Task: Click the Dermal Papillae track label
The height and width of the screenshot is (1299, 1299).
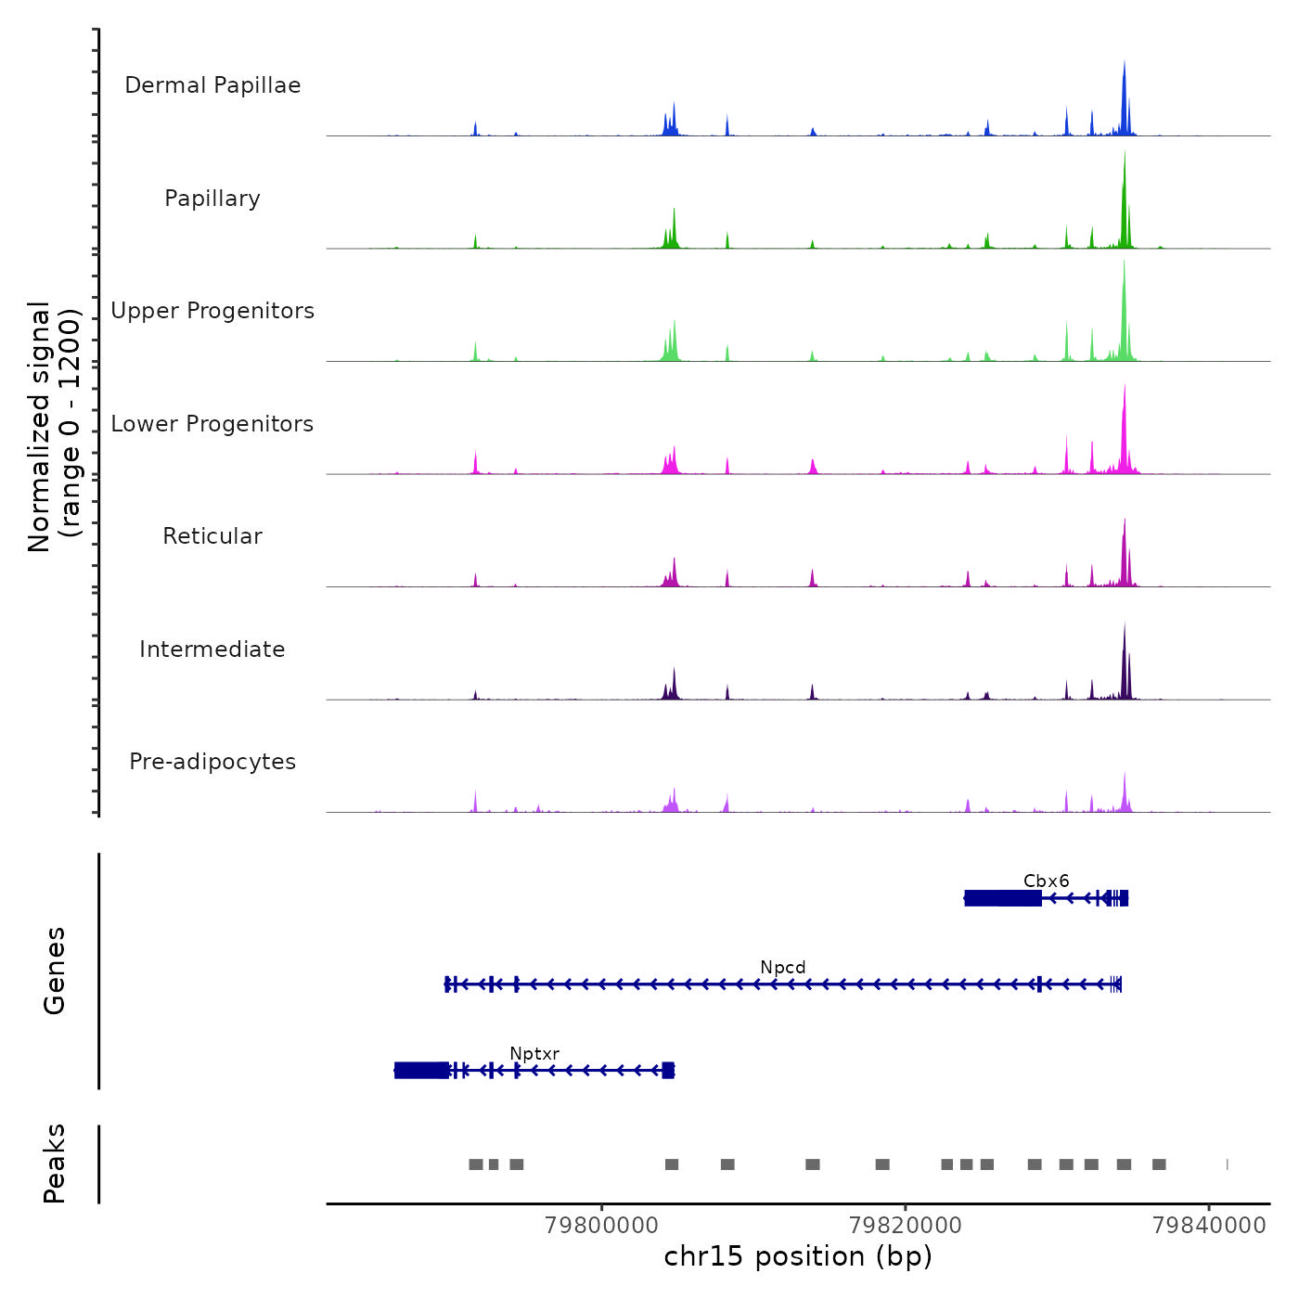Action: point(212,85)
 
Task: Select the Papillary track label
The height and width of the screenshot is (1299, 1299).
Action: point(212,199)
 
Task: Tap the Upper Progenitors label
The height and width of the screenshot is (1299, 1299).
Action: point(212,311)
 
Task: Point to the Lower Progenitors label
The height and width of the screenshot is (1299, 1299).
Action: point(212,424)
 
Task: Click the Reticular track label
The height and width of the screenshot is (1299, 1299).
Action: point(212,536)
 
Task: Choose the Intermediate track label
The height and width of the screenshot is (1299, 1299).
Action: point(212,649)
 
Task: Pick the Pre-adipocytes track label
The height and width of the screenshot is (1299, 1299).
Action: point(212,762)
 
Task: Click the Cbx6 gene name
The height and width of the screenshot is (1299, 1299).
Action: point(1046,881)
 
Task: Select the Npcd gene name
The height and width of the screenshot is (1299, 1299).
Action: point(783,968)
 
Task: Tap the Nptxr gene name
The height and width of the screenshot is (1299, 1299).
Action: point(534,1054)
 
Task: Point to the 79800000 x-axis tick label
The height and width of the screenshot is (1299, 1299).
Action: point(602,1226)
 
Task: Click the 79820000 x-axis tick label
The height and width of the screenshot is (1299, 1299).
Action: point(906,1226)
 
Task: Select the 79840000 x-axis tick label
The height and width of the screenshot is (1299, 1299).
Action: point(1209,1226)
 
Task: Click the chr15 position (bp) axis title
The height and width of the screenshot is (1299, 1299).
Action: point(798,1256)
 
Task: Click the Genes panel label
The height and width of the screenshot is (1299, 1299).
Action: point(55,971)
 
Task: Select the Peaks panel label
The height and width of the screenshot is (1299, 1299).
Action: point(55,1164)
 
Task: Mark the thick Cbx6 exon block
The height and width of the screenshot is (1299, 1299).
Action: point(1003,898)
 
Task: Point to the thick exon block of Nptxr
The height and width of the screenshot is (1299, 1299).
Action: point(421,1071)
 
